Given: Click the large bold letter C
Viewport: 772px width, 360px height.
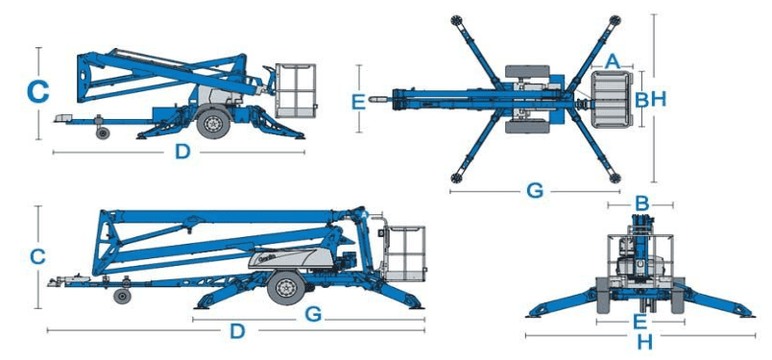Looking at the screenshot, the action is click(37, 92).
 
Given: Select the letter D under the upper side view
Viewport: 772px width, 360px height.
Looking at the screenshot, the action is click(182, 153).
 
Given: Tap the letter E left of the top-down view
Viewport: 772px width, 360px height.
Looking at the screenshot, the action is click(359, 103).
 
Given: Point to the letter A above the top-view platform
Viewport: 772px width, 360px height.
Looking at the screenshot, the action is click(612, 61).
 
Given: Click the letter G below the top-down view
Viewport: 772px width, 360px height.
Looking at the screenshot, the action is click(535, 190).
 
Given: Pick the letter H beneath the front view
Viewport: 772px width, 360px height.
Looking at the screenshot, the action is click(644, 343).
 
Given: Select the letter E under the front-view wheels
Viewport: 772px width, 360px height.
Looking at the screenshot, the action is click(639, 322).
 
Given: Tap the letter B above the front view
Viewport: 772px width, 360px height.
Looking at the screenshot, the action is click(641, 203).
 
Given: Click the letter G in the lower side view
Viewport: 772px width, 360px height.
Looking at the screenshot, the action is click(313, 314).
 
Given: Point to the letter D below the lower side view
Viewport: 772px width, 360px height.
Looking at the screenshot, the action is click(237, 331).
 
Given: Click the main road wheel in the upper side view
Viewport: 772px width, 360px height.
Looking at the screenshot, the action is click(213, 123).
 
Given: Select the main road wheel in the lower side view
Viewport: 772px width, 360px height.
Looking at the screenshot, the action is click(285, 288).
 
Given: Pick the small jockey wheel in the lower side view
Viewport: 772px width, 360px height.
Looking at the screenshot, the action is click(120, 297).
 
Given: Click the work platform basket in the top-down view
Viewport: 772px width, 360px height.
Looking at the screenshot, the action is click(611, 100).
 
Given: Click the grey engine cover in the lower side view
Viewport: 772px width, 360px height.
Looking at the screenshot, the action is click(291, 258).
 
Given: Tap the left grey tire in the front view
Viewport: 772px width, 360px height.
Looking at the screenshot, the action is click(604, 295).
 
